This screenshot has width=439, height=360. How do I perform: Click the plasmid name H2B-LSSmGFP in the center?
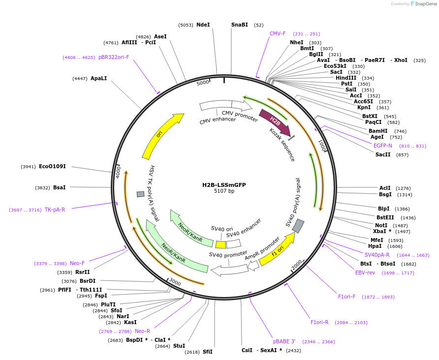pos(224,185)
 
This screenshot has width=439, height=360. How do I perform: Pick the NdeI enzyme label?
pos(203,25)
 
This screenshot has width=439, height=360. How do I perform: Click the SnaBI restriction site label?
pos(240,25)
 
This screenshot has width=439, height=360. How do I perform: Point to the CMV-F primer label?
pos(278,33)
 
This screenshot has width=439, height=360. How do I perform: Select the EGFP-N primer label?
pos(383,146)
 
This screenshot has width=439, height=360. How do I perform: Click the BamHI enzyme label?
pos(378,131)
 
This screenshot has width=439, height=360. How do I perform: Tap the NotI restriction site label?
pos(381,225)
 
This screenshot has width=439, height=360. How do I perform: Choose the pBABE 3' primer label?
pos(284,341)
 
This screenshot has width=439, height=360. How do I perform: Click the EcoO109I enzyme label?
pos(52,166)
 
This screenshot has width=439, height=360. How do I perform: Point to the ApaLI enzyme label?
pos(98,78)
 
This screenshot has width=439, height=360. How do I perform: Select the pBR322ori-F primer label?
pos(114,57)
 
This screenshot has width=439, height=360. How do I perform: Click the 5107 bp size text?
pos(224,191)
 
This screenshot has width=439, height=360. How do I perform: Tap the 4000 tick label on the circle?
pos(118,171)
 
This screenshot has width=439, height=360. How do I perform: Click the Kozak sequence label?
pos(282,145)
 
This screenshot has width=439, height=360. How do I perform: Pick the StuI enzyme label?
pos(179,346)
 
